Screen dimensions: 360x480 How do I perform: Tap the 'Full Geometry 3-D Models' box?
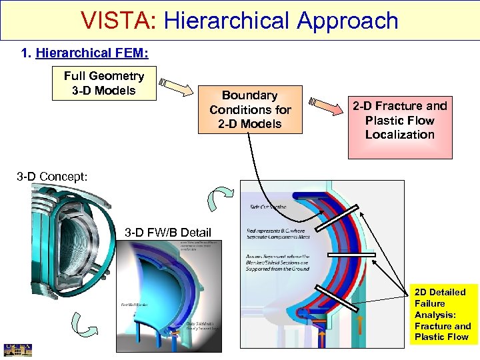(104, 83)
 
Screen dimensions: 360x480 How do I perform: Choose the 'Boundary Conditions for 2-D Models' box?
(250, 109)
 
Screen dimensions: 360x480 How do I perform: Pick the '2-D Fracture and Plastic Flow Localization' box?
(400, 121)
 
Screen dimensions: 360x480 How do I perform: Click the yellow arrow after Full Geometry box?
(173, 87)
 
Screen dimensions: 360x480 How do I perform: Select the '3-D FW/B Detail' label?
(168, 232)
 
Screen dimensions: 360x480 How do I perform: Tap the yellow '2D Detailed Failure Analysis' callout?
(443, 314)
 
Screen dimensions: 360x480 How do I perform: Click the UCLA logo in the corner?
(13, 350)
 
